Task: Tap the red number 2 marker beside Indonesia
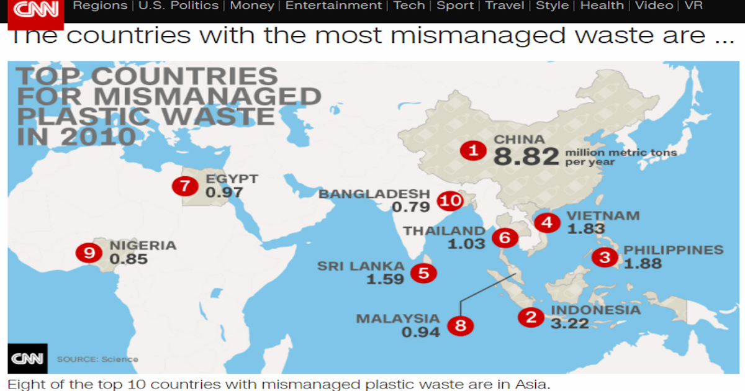click(531, 317)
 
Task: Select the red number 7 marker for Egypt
click(184, 185)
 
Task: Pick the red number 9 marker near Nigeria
click(88, 252)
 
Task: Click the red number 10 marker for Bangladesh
click(450, 200)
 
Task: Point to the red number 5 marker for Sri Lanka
click(423, 272)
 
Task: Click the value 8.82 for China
click(526, 157)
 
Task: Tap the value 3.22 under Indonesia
click(569, 323)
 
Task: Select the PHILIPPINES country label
click(674, 250)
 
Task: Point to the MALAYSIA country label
click(397, 319)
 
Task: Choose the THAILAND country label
click(444, 231)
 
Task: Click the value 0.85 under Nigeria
click(129, 259)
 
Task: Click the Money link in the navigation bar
click(252, 6)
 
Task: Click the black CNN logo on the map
click(27, 358)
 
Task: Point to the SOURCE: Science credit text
click(97, 359)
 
